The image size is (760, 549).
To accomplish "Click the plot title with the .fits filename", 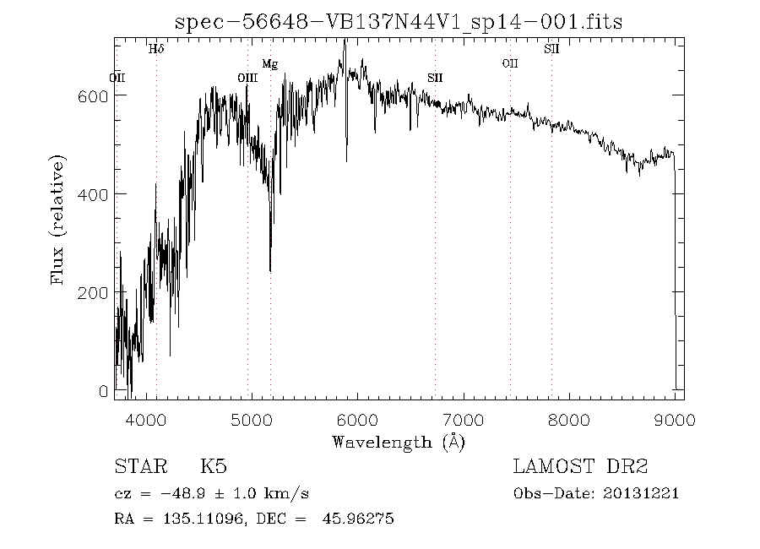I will click(x=398, y=22).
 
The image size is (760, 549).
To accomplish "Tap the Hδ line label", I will click(x=156, y=49).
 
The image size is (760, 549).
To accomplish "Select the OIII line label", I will click(x=247, y=78).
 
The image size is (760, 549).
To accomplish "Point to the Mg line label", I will click(x=269, y=63).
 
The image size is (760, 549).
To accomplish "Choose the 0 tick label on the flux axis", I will click(x=104, y=391).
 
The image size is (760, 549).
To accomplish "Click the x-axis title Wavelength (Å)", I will click(x=399, y=441).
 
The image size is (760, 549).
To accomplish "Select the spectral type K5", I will click(x=213, y=466).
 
